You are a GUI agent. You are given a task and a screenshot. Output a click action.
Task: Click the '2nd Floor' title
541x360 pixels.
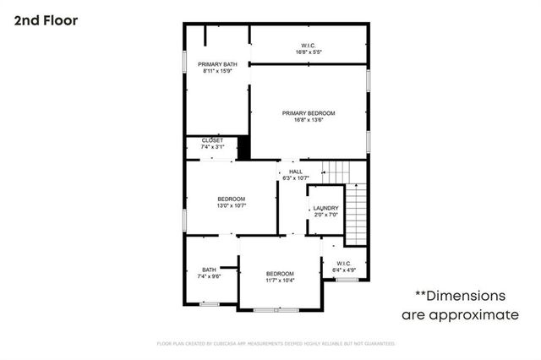(x=46, y=20)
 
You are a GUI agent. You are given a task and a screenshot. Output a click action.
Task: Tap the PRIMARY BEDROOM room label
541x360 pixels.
(x=309, y=112)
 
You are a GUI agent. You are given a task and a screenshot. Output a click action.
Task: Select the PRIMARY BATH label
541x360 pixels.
(x=218, y=64)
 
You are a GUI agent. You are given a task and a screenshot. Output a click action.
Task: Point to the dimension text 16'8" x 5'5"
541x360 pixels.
(x=309, y=52)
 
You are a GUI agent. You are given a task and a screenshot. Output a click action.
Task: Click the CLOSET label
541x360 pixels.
(x=212, y=140)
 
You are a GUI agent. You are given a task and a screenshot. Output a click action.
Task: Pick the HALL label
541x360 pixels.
(x=296, y=171)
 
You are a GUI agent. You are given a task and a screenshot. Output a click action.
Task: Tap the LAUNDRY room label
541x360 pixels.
(x=325, y=208)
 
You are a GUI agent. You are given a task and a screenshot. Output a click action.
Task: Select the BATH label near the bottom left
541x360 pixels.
(x=209, y=270)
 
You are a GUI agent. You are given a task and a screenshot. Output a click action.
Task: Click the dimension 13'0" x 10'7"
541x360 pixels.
(x=231, y=205)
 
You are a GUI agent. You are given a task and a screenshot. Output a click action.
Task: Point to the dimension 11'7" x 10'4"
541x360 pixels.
(x=280, y=280)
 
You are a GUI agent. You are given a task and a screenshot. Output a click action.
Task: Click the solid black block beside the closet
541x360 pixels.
(x=244, y=147)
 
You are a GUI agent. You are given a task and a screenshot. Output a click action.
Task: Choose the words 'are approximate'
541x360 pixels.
(x=460, y=314)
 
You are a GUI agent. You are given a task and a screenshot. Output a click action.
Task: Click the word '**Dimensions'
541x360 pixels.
(x=459, y=296)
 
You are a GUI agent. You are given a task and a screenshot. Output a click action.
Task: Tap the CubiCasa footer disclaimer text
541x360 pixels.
(x=276, y=344)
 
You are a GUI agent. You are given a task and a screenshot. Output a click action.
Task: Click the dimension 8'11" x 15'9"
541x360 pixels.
(x=218, y=71)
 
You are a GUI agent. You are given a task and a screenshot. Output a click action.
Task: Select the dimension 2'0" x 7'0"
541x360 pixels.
(x=325, y=215)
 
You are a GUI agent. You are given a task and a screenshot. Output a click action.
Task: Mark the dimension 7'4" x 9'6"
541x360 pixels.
(x=209, y=276)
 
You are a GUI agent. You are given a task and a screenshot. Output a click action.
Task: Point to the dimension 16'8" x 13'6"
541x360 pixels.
(x=309, y=119)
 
